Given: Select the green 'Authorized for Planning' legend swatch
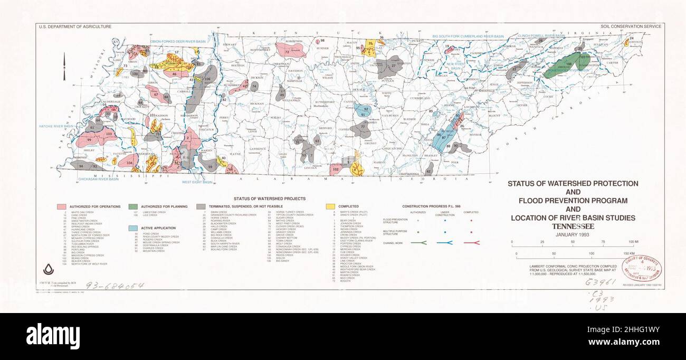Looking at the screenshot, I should pyautogui.click(x=133, y=206).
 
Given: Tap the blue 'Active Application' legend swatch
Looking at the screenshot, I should pyautogui.click(x=133, y=228).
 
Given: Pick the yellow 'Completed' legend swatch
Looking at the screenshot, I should pyautogui.click(x=330, y=206).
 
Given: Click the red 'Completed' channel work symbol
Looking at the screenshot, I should pyautogui.click(x=471, y=243).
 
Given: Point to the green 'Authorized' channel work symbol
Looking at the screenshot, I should pyautogui.click(x=418, y=243).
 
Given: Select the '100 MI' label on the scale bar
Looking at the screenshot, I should pyautogui.click(x=627, y=241).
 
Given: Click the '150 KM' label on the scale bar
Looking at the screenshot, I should pyautogui.click(x=627, y=254).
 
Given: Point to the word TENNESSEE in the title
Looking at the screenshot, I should pyautogui.click(x=573, y=226).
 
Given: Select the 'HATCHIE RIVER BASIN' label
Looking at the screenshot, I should pyautogui.click(x=55, y=127).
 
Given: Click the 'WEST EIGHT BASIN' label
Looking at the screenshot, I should pyautogui.click(x=197, y=182).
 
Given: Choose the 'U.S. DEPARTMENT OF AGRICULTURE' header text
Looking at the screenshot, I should pyautogui.click(x=74, y=26).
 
